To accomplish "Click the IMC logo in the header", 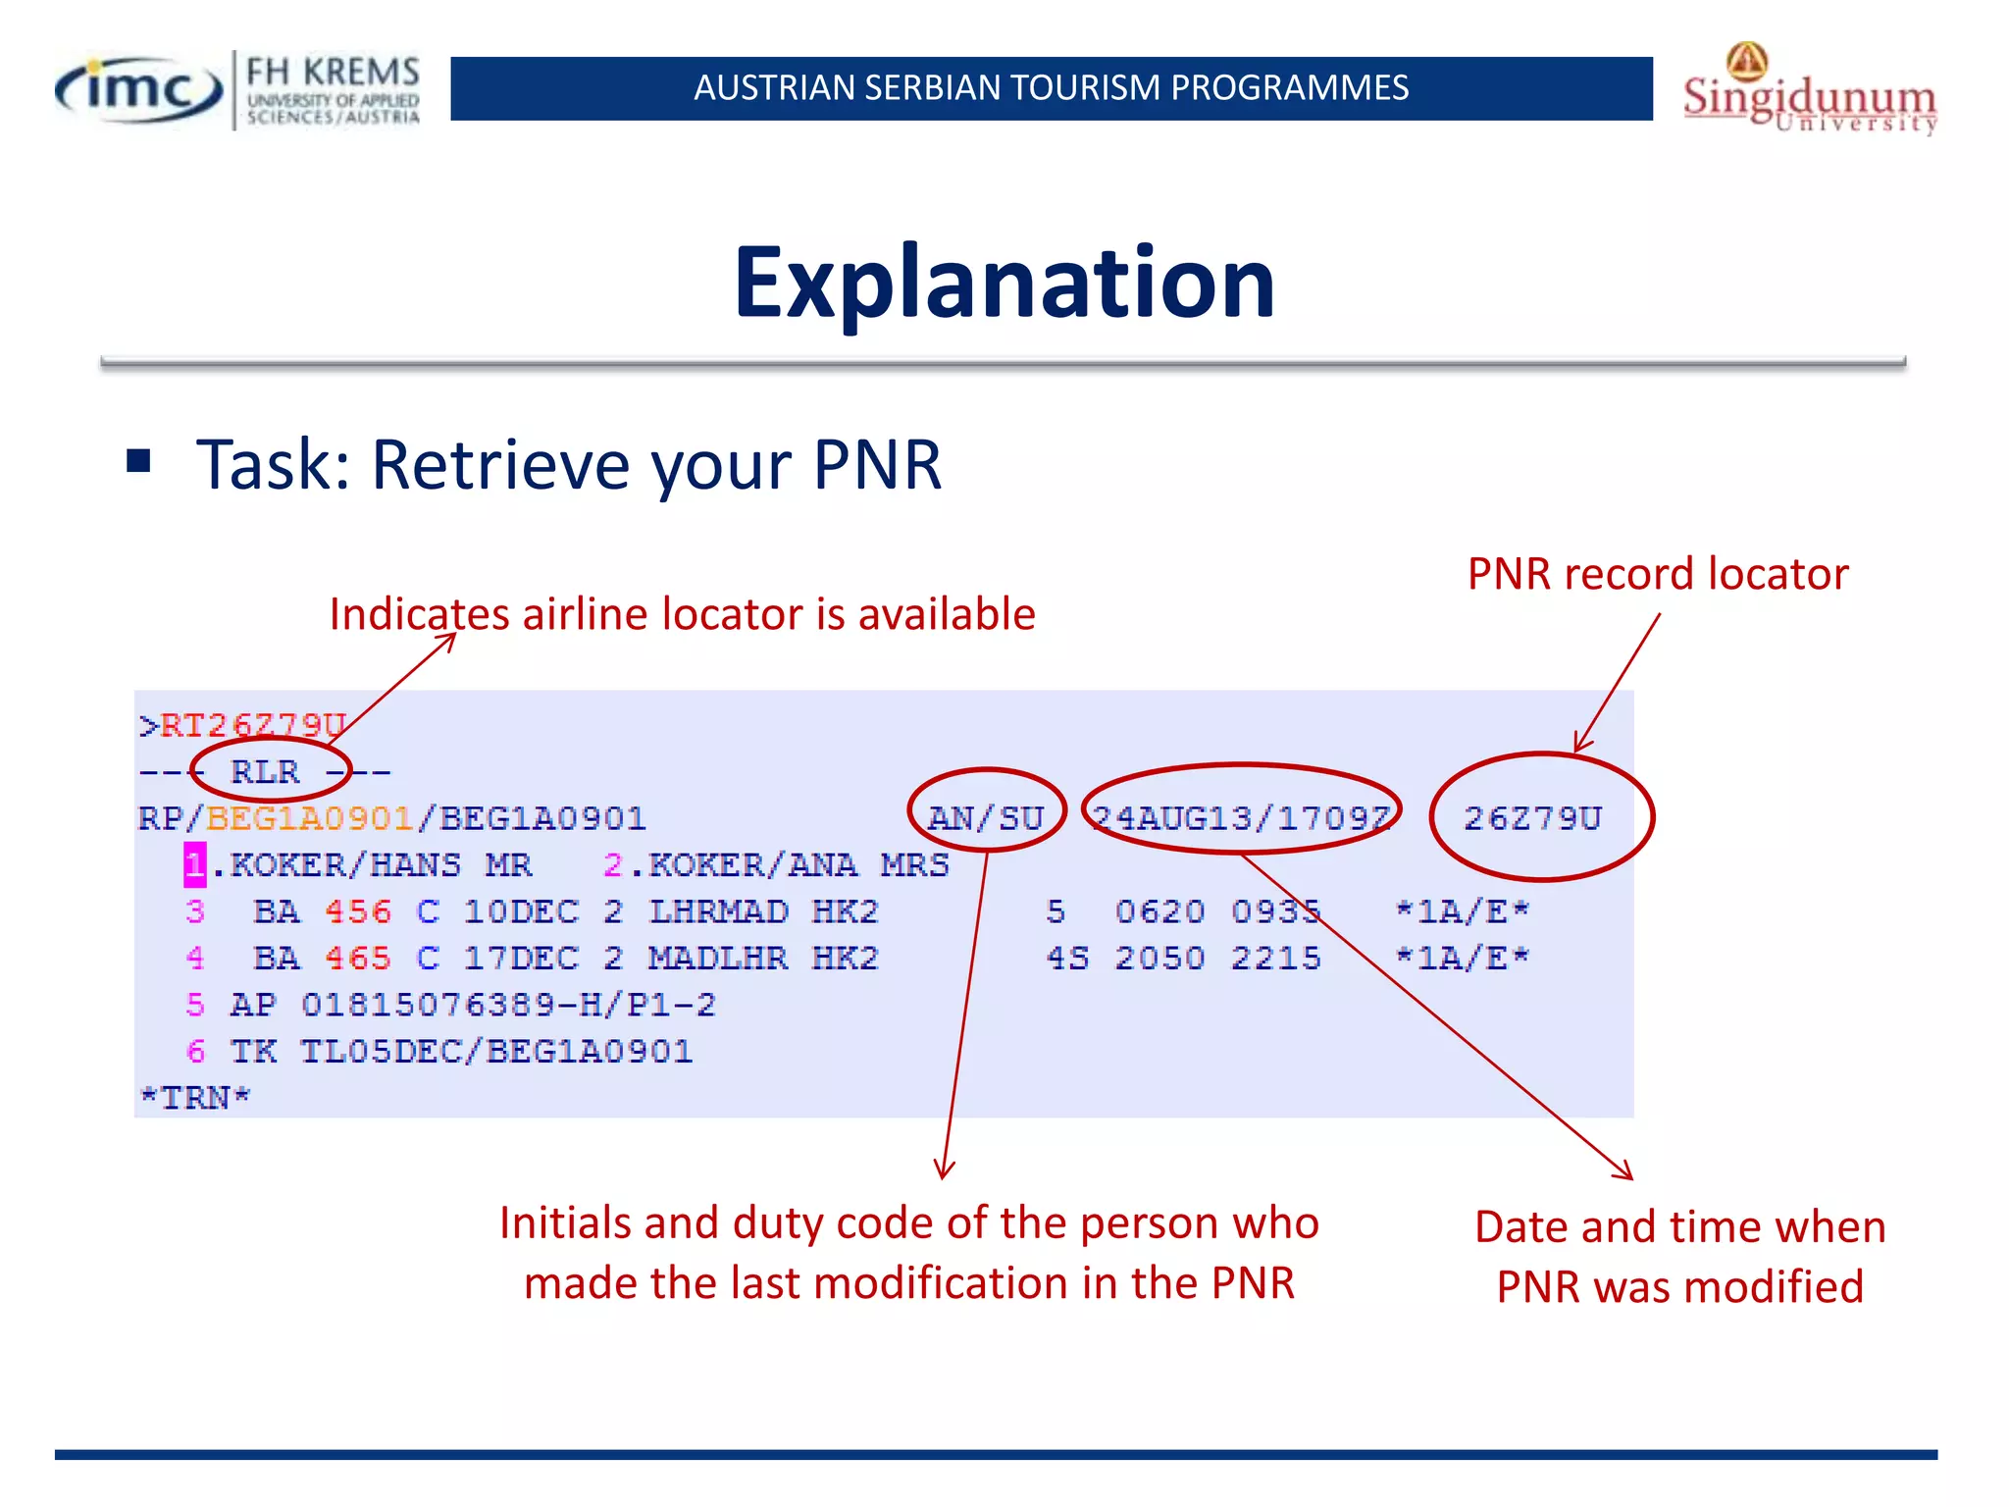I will pos(139,90).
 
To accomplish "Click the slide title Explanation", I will pos(1004,283).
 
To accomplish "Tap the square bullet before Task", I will pos(138,460).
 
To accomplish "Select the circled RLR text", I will pos(265,771).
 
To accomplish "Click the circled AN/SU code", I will pos(985,817).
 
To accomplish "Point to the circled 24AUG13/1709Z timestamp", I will pos(1241,817).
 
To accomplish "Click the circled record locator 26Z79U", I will pos(1532,817).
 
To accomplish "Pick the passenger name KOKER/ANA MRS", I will pos(798,864).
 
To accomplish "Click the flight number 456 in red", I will pos(358,911).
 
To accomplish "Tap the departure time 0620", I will pos(1159,911).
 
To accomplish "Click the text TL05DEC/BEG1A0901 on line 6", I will pos(496,1052).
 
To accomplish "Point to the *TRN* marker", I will pos(195,1097).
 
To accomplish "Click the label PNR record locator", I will pos(1657,574).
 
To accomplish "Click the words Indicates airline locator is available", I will pos(682,614).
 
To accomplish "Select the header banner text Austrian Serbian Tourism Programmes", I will pos(1051,88).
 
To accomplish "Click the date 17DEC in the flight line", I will pos(521,958).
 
